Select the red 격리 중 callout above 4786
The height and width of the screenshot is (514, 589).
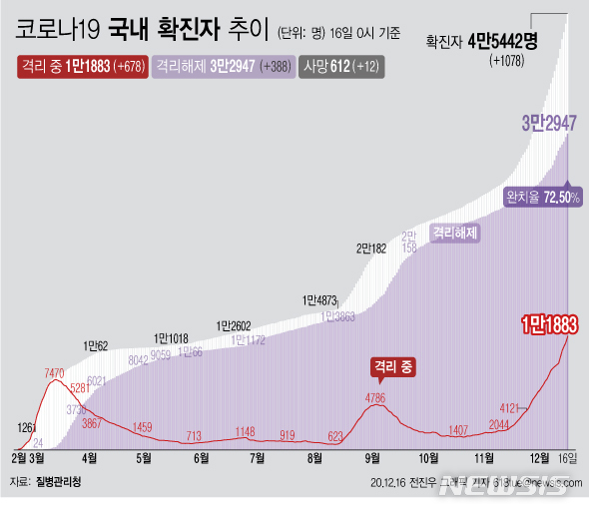[x=391, y=367]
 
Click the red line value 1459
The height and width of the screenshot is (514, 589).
[x=143, y=427]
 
